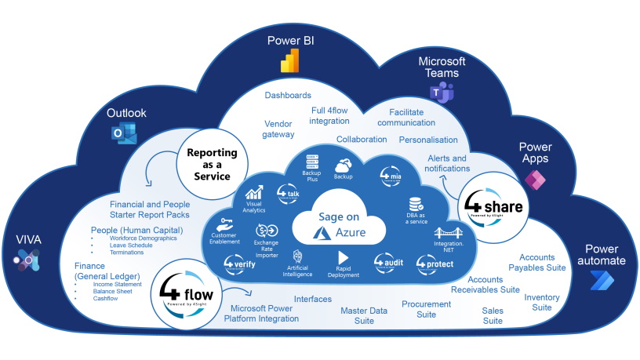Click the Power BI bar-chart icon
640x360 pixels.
(x=291, y=60)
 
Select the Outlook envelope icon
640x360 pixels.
(x=124, y=135)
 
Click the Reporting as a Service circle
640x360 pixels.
(x=208, y=161)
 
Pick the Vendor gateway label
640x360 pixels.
(x=278, y=129)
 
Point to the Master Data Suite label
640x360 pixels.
(x=363, y=316)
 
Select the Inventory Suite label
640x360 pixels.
(x=541, y=302)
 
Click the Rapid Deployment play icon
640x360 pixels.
(x=343, y=257)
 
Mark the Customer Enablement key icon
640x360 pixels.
(x=227, y=223)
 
